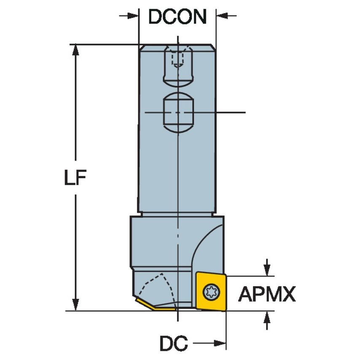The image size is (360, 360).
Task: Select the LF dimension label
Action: tap(75, 178)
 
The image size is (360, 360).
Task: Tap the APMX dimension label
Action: tap(267, 294)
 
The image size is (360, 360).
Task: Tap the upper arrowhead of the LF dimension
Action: tap(76, 50)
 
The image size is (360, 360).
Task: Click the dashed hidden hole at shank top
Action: tap(177, 59)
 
